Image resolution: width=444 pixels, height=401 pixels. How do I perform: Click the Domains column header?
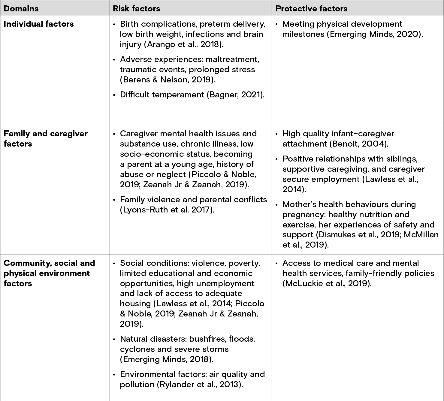point(21,8)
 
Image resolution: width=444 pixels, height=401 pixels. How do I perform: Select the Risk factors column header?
point(136,8)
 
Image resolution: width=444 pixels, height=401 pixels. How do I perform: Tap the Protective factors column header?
point(311,8)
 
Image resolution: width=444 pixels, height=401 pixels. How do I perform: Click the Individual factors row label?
point(39,24)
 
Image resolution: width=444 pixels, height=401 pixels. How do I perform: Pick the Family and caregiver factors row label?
point(46,138)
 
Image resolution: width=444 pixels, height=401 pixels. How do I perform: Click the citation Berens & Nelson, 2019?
point(168,80)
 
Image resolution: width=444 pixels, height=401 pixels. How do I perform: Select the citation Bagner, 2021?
point(235,95)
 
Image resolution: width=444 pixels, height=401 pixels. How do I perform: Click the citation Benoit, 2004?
point(359,144)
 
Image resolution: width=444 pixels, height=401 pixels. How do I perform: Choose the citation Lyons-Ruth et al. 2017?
point(167,210)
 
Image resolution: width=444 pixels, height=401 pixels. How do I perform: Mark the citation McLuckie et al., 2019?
point(327,284)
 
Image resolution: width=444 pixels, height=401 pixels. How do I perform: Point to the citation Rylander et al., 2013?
point(200,385)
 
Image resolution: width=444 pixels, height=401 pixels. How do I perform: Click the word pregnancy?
point(303,215)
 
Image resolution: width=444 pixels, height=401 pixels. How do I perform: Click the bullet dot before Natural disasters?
point(114,339)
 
